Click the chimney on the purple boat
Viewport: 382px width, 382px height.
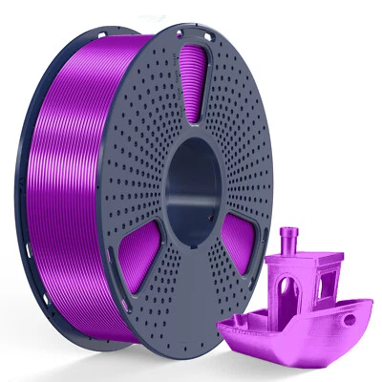tap(290, 244)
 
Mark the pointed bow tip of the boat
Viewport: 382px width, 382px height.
tap(371, 303)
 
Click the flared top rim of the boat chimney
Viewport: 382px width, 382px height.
tap(290, 232)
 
